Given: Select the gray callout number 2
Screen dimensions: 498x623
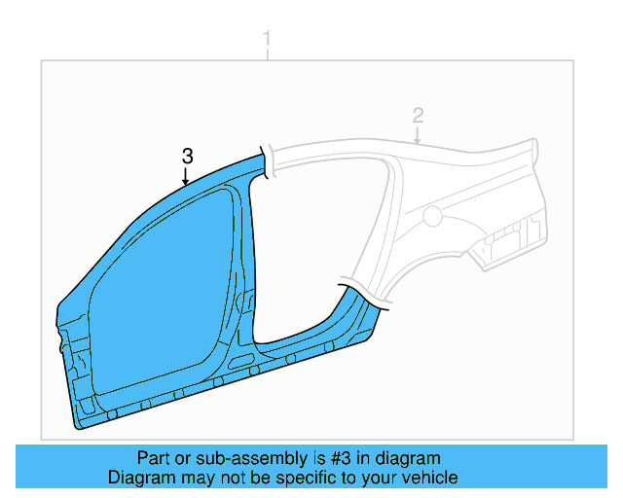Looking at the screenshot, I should (x=418, y=116).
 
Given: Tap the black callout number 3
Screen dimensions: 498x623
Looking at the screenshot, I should (x=188, y=156).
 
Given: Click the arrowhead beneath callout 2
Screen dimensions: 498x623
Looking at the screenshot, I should (x=418, y=142).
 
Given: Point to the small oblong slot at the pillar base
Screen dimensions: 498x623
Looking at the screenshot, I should (x=238, y=362).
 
